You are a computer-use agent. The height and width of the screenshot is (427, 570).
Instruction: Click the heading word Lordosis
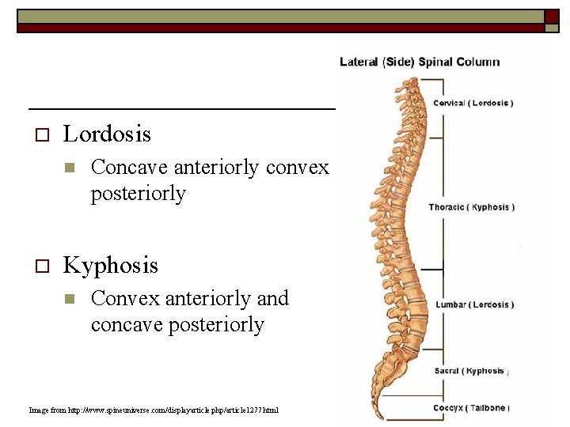107,134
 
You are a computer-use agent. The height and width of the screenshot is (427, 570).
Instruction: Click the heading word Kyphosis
110,265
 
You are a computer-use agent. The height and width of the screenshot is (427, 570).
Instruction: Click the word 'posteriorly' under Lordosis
138,194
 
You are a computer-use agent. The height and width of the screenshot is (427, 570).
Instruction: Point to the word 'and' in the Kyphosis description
272,298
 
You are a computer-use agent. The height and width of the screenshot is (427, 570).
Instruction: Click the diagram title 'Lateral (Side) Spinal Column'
420,62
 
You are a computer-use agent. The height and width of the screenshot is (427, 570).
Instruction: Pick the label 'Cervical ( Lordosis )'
473,103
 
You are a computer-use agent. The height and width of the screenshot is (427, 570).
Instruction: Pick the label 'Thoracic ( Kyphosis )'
472,207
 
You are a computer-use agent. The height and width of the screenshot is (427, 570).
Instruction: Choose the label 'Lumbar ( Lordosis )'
474,304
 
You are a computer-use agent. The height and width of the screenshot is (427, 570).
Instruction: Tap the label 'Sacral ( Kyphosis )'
471,371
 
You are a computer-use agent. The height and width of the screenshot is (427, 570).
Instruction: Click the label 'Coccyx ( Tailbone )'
471,408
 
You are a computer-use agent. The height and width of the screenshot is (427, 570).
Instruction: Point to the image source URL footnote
154,410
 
